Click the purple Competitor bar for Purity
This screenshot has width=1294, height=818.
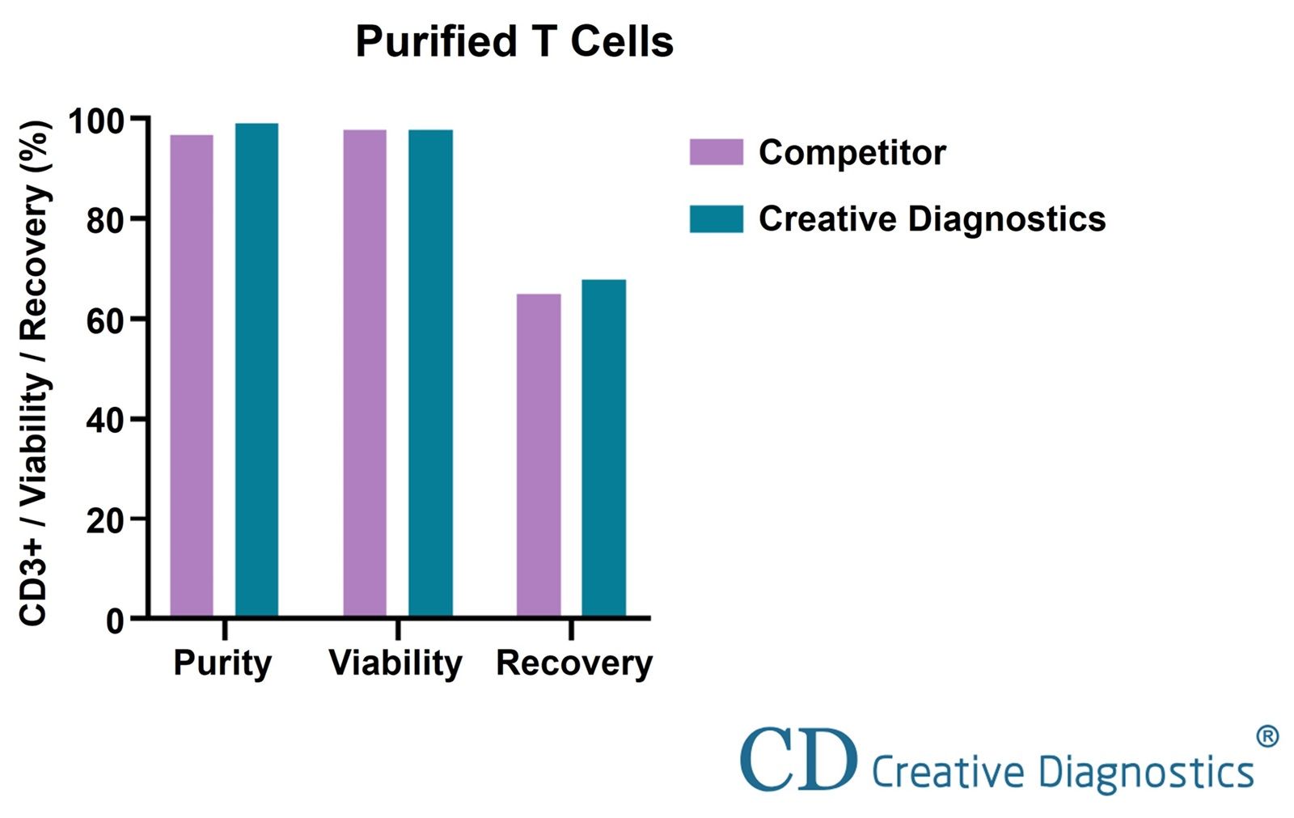click(192, 376)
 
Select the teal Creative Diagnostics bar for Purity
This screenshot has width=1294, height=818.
click(256, 371)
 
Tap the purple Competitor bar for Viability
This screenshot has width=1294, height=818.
click(365, 374)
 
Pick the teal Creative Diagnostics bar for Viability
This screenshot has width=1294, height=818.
click(430, 374)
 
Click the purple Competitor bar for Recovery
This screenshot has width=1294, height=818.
click(539, 456)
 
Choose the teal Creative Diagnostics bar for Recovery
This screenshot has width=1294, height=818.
click(603, 448)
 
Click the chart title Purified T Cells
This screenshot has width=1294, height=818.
click(514, 42)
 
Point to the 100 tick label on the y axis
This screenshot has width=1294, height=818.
click(97, 121)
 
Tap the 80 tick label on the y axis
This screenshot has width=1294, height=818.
click(105, 220)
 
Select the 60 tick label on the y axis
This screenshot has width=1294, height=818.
click(105, 320)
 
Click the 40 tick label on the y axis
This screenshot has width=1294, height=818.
click(105, 421)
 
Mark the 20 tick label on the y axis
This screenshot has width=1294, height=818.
click(105, 520)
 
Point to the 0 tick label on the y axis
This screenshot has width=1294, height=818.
click(115, 621)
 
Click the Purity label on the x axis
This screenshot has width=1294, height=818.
click(222, 663)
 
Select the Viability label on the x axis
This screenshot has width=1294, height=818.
click(395, 663)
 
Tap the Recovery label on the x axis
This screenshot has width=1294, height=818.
click(573, 663)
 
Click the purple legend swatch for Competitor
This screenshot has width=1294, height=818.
click(716, 152)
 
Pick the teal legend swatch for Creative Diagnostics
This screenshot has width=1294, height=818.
click(716, 219)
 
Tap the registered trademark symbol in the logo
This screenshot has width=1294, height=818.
click(1267, 736)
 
